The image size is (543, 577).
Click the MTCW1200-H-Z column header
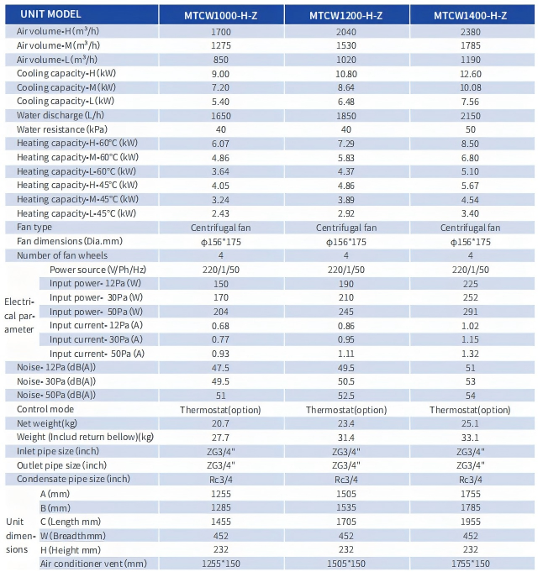click(346, 15)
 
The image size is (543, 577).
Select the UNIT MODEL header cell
click(50, 14)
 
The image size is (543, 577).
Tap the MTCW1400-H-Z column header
click(471, 15)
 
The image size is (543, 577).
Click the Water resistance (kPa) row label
click(62, 129)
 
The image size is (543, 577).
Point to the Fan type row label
click(34, 228)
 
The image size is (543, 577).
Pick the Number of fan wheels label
click(62, 255)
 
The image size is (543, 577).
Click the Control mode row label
click(45, 409)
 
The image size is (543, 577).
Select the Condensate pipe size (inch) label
click(73, 479)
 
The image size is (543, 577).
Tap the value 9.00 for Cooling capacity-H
click(220, 74)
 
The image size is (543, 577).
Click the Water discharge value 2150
click(471, 116)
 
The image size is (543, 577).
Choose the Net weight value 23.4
click(346, 423)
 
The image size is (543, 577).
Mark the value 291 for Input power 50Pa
click(471, 312)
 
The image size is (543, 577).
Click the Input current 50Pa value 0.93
click(220, 354)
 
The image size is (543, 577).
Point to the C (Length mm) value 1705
click(346, 522)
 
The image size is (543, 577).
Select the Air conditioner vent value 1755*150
click(471, 564)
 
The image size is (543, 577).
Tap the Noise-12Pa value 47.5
click(220, 368)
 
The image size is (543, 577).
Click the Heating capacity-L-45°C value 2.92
click(346, 213)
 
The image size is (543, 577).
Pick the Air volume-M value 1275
click(221, 45)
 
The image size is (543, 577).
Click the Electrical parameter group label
click(19, 315)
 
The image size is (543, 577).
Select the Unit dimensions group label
click(20, 535)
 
